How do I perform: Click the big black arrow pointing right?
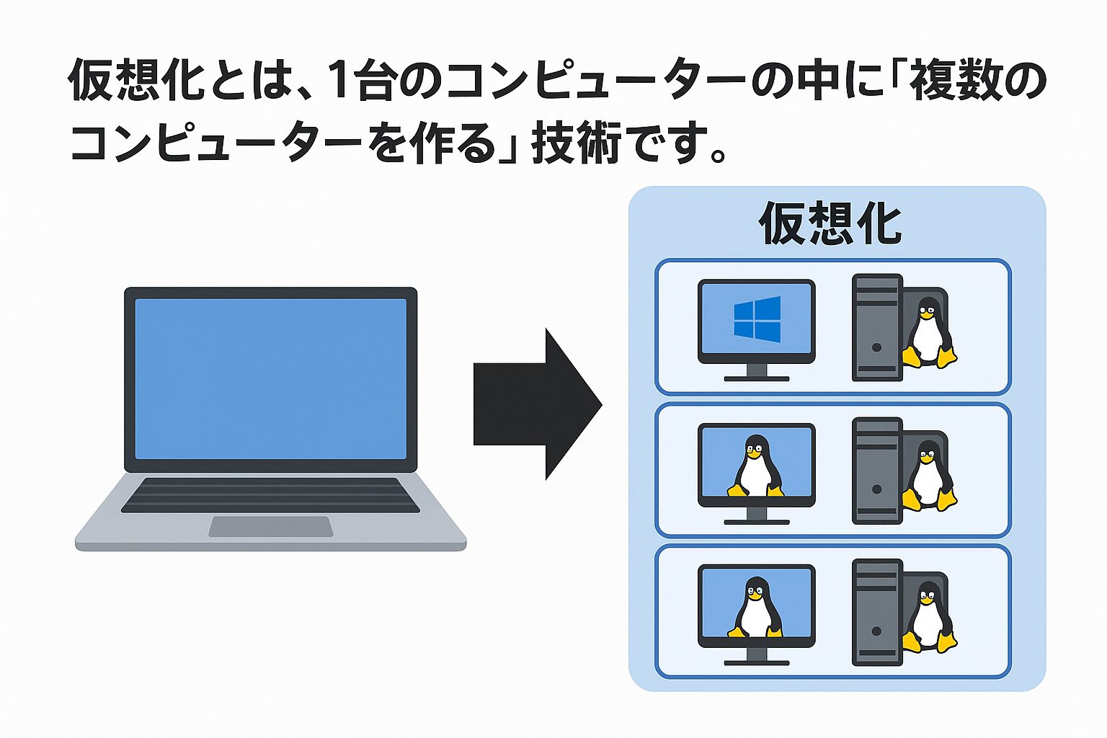(537, 404)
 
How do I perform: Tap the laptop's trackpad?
(270, 526)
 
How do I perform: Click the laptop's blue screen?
(271, 378)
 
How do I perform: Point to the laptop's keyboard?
(270, 495)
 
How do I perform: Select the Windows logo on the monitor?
(757, 319)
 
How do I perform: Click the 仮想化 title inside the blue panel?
(831, 223)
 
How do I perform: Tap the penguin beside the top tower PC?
(928, 332)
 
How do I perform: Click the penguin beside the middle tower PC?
(928, 476)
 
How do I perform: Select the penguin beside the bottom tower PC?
(928, 618)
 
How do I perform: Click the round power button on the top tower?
(876, 347)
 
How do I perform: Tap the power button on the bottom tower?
(876, 631)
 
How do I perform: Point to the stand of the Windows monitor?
(757, 373)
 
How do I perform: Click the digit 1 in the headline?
(338, 79)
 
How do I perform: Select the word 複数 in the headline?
(951, 79)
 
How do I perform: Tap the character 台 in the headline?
(374, 79)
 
